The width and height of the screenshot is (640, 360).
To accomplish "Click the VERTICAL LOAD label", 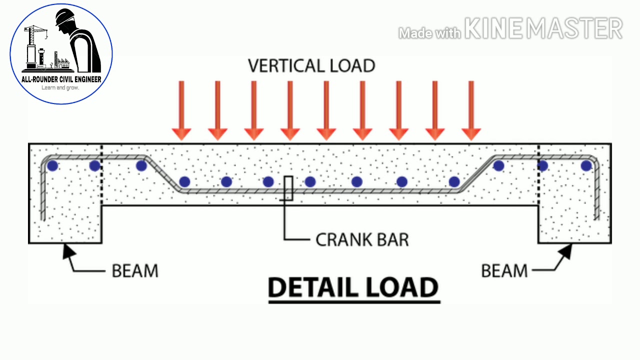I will pos(311,66).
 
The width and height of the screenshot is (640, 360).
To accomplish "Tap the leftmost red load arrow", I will pos(181,110).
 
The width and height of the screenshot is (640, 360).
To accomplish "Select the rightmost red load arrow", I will pos(471,110).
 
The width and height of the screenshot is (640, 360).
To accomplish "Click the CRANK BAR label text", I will pos(362,239).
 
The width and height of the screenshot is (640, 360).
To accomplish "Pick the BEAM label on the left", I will pos(135,271).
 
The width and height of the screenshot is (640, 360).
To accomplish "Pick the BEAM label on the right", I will pos(504,271).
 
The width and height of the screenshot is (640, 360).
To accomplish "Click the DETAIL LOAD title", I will pos(353,288).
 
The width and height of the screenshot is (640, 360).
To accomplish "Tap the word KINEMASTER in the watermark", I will pos(543,29).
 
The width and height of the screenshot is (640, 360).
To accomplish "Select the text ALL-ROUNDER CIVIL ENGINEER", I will pos(61,79).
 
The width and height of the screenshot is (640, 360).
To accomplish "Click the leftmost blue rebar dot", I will pos(52,165).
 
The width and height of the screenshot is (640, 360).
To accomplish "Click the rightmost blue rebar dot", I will pos(586,165).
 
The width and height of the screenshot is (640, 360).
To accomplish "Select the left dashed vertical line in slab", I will pos(102,175).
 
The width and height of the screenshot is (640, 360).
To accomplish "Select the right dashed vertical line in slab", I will pos(538,175).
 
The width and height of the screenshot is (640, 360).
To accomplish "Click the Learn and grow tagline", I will pos(60,88).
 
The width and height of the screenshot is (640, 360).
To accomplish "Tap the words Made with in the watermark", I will pos(429,33).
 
